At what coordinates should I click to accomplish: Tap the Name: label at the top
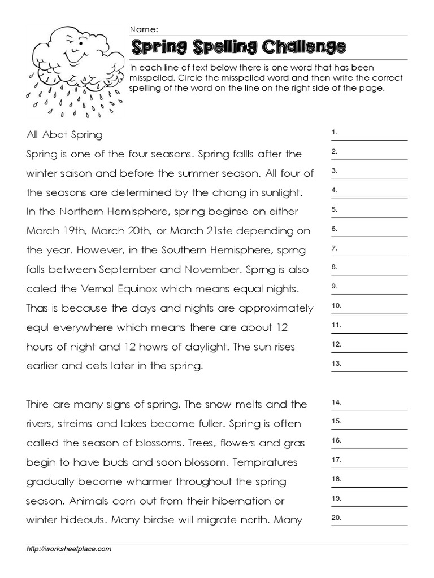coord(144,29)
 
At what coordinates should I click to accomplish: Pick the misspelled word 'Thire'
coord(38,405)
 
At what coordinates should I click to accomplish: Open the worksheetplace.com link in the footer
coord(69,549)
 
